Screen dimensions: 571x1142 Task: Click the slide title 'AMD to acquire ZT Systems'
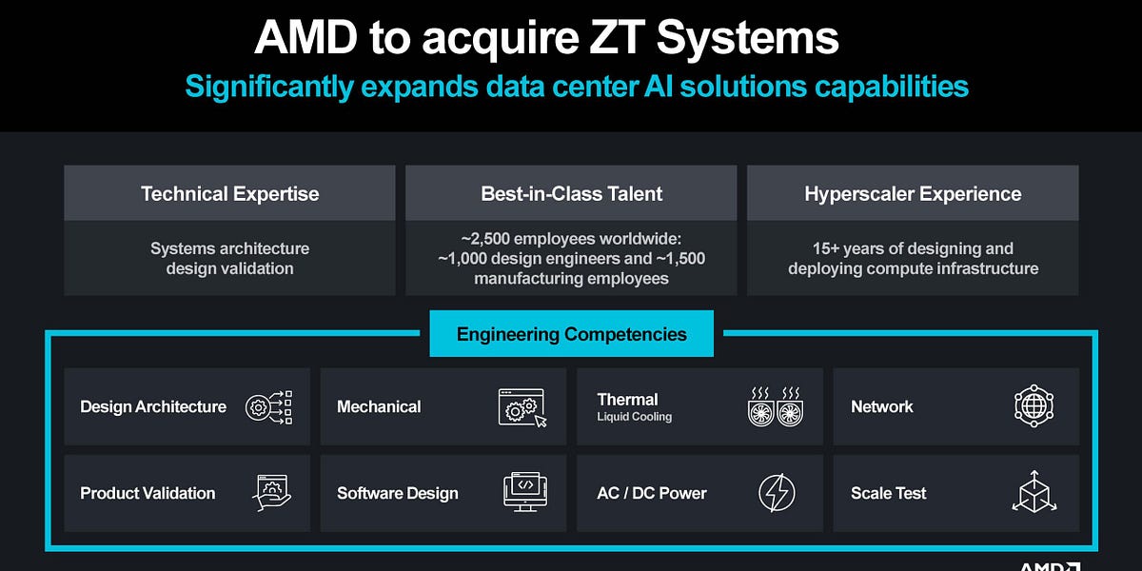pyautogui.click(x=546, y=38)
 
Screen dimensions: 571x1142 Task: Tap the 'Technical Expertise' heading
pyautogui.click(x=229, y=194)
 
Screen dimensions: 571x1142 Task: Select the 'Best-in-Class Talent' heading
pyautogui.click(x=571, y=194)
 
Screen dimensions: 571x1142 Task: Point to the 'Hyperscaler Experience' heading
pyautogui.click(x=913, y=194)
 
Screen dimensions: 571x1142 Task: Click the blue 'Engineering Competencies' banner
pyautogui.click(x=571, y=334)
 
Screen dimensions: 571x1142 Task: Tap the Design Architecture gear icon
pyautogui.click(x=268, y=406)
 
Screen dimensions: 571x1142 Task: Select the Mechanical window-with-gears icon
pyautogui.click(x=522, y=406)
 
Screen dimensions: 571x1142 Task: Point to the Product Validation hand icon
pyautogui.click(x=272, y=493)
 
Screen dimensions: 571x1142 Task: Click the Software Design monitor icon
pyautogui.click(x=522, y=493)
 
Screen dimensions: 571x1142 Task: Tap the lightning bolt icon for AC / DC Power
pyautogui.click(x=777, y=493)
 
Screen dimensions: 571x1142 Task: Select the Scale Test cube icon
pyautogui.click(x=1034, y=493)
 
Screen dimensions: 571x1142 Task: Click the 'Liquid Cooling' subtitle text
pyautogui.click(x=634, y=417)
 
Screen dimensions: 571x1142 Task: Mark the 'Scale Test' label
pyautogui.click(x=888, y=493)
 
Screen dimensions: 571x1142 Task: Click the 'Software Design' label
pyautogui.click(x=397, y=493)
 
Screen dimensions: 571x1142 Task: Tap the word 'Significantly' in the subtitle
pyautogui.click(x=269, y=87)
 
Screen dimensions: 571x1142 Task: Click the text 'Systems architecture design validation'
pyautogui.click(x=229, y=258)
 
